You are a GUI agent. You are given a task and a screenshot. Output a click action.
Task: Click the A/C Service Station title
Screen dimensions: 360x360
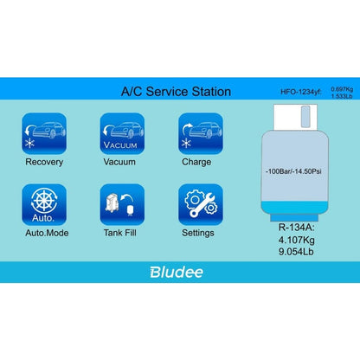click(176, 91)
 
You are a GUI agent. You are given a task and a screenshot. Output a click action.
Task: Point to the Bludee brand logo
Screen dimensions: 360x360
click(175, 271)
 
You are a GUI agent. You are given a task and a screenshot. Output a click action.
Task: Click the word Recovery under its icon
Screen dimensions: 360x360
click(43, 161)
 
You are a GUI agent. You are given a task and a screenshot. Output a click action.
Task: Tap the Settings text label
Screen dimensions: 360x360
click(197, 233)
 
